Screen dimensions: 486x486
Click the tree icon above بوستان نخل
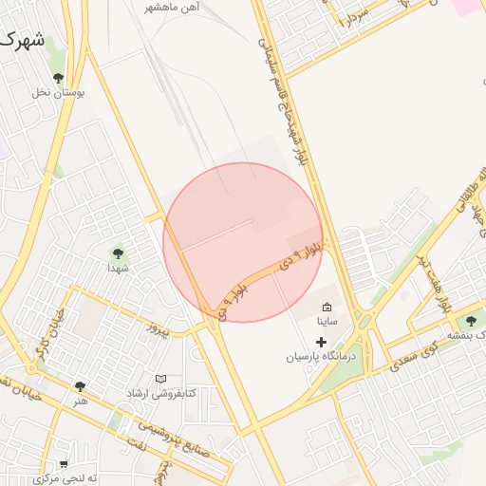point(59,78)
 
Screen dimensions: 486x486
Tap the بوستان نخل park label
point(59,93)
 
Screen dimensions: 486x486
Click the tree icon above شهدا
point(118,253)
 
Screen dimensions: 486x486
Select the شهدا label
point(118,269)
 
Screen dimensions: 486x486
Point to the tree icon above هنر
point(80,386)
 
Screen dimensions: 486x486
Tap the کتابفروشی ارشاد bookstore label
point(163,393)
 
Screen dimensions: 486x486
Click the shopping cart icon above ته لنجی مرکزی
point(64,464)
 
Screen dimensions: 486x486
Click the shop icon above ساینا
point(327,307)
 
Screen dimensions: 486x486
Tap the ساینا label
point(327,322)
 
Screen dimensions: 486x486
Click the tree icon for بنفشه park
point(471,322)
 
